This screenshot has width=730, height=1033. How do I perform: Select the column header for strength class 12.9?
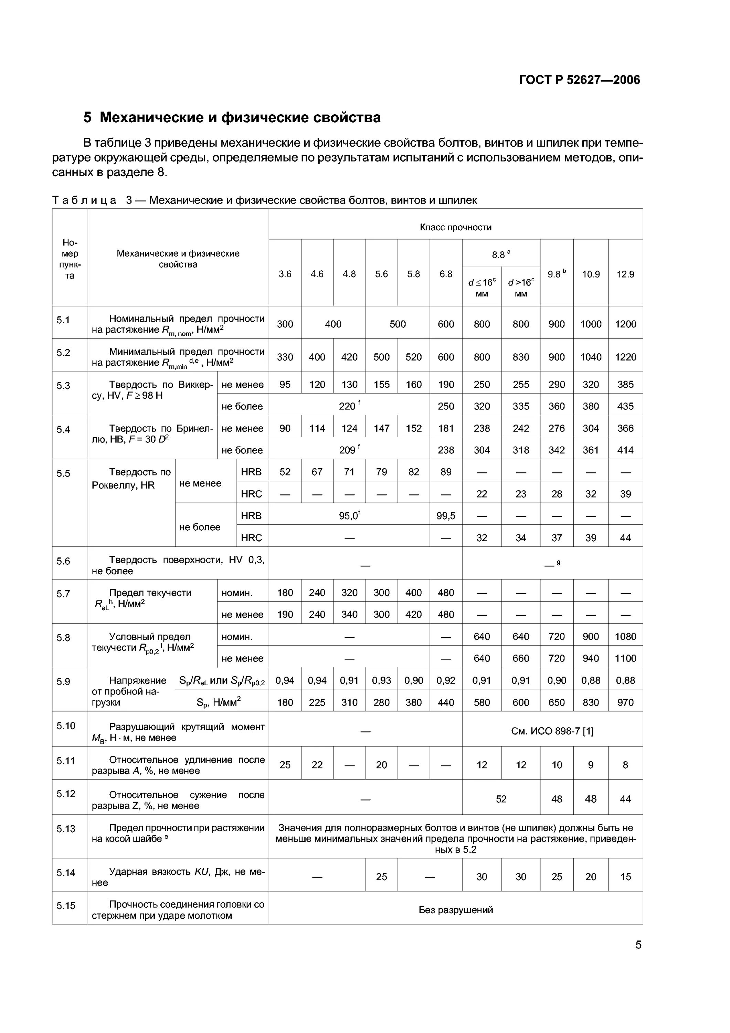(x=625, y=274)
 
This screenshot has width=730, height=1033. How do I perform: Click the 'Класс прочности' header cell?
(x=455, y=227)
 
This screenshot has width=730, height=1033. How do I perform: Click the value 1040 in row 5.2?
(x=591, y=357)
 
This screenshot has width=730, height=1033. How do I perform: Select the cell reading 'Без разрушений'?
(x=455, y=910)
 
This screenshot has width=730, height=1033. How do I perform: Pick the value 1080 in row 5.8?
(x=625, y=636)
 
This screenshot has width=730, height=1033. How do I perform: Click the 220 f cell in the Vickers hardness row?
(x=349, y=406)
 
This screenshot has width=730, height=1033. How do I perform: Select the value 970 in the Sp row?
(x=625, y=702)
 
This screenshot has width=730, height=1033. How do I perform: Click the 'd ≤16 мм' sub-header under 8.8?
(x=482, y=288)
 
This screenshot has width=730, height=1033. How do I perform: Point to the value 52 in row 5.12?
(x=501, y=799)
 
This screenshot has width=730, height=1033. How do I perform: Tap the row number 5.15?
(x=66, y=905)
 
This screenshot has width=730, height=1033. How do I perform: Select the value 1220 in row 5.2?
(x=625, y=357)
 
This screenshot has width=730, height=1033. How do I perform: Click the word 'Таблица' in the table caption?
(x=84, y=200)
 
